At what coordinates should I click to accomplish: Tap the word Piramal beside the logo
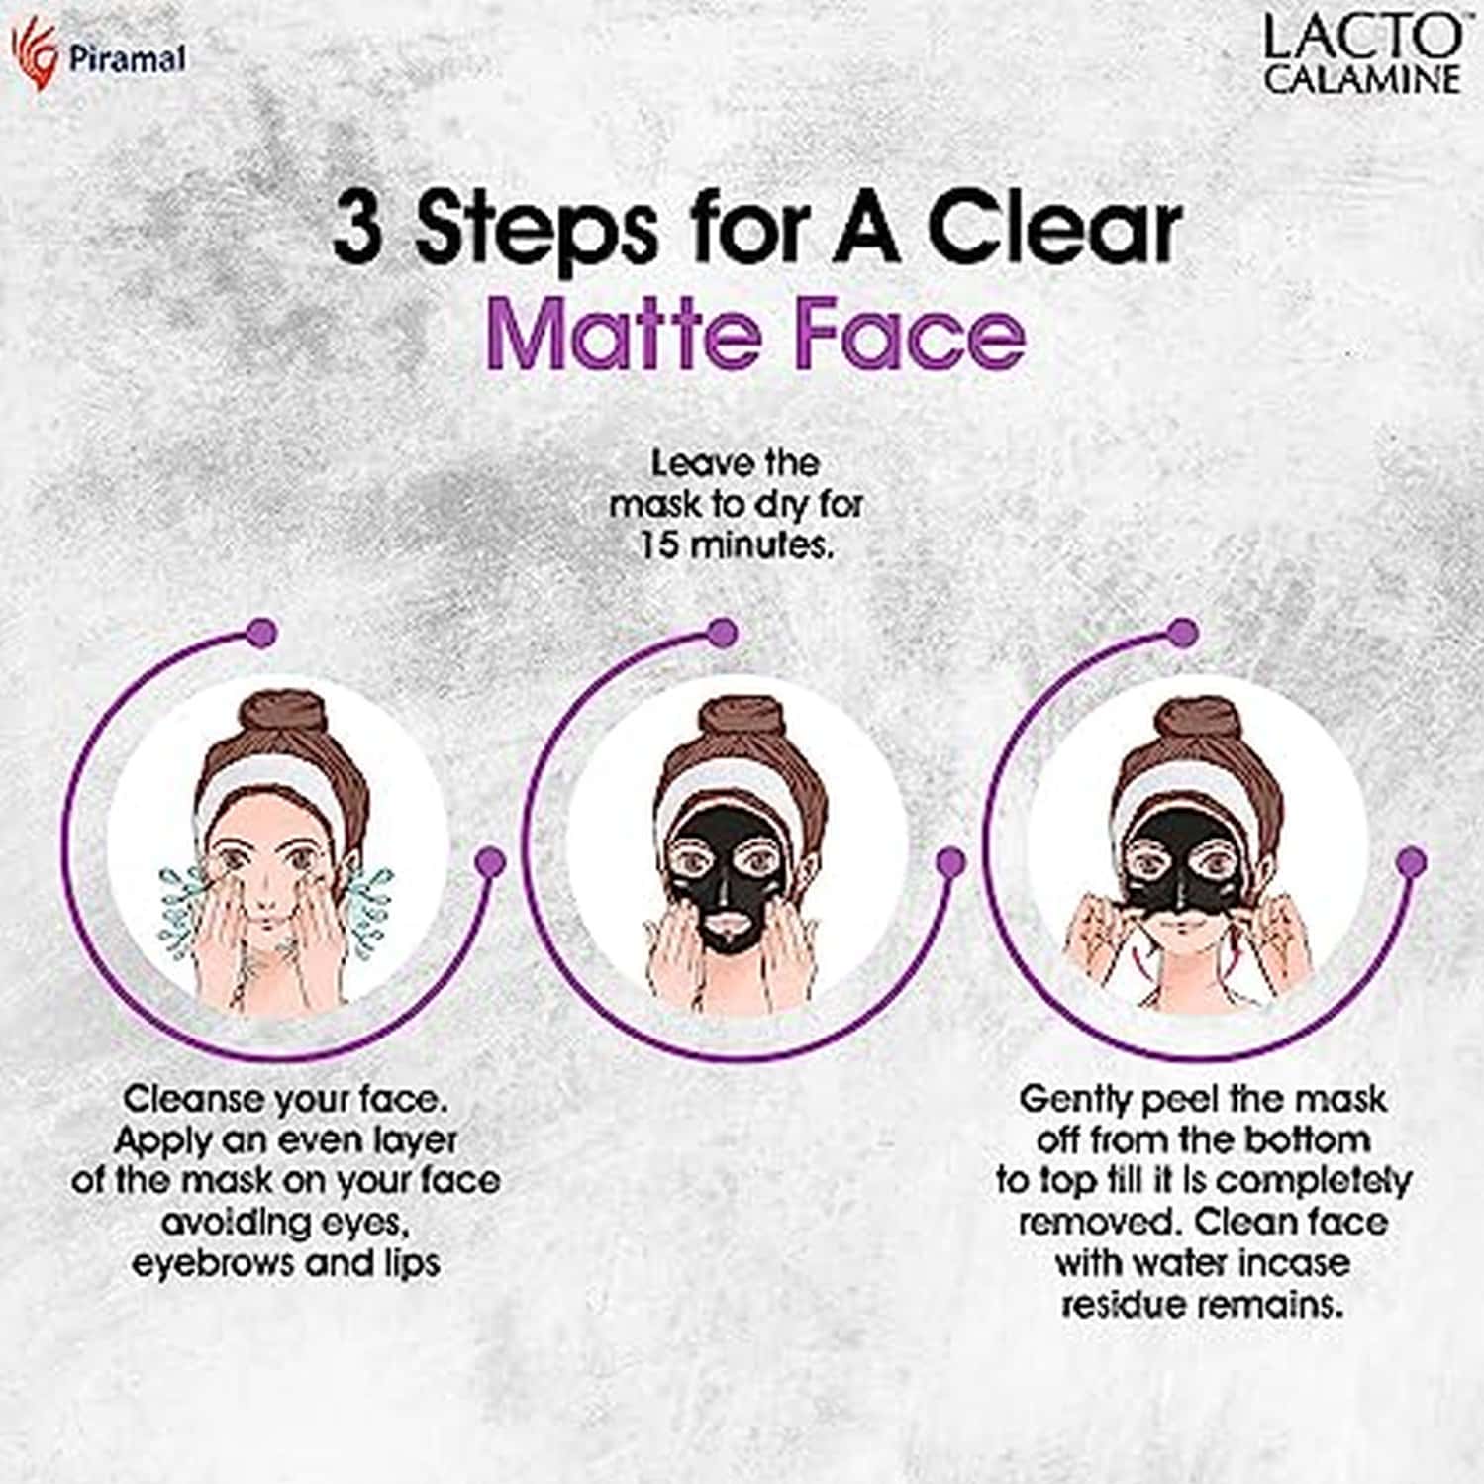127,59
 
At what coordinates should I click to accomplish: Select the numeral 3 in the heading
356,230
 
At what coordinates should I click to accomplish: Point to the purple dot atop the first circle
262,633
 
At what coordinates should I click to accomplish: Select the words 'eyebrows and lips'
286,1264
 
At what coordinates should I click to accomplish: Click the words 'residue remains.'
1203,1305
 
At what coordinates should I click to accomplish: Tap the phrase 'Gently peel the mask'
1203,1099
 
